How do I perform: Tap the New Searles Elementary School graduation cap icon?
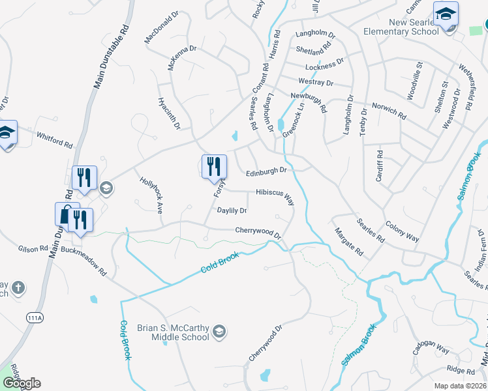tap(446, 14)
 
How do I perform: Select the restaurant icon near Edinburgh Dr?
tap(214, 166)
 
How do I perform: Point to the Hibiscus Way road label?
tap(275, 193)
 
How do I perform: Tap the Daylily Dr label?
tap(232, 210)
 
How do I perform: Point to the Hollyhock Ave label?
tap(150, 193)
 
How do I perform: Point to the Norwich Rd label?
tap(389, 110)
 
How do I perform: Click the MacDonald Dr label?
tap(162, 27)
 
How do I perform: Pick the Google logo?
tap(21, 383)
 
